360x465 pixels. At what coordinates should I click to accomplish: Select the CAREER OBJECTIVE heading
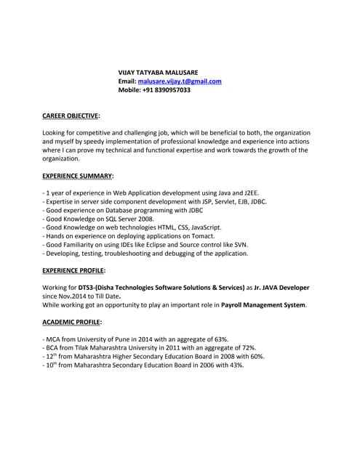point(71,115)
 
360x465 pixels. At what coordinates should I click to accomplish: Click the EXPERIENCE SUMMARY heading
point(78,176)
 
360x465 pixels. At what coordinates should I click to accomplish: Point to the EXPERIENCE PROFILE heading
point(73,270)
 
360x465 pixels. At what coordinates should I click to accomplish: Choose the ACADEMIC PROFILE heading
point(72,321)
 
